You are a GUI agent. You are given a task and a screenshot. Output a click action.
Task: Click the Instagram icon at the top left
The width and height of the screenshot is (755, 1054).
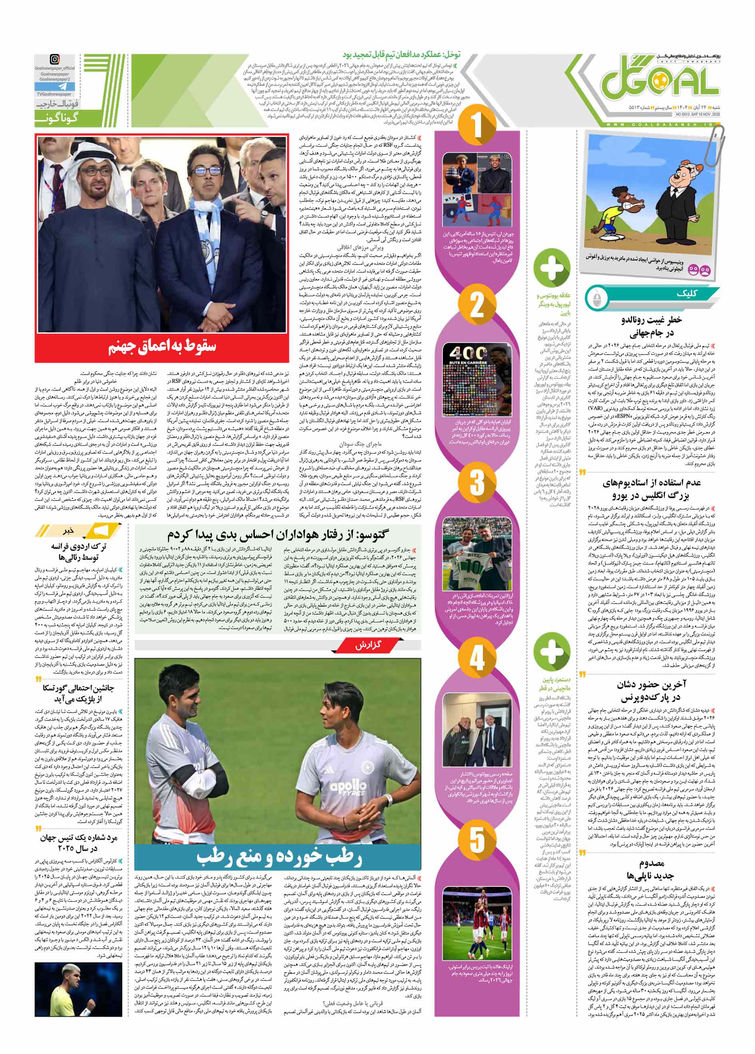click(55, 60)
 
